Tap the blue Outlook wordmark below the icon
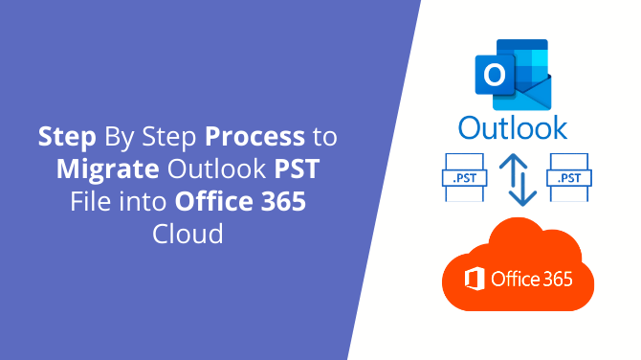pyautogui.click(x=512, y=127)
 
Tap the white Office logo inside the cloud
pyautogui.click(x=473, y=280)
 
